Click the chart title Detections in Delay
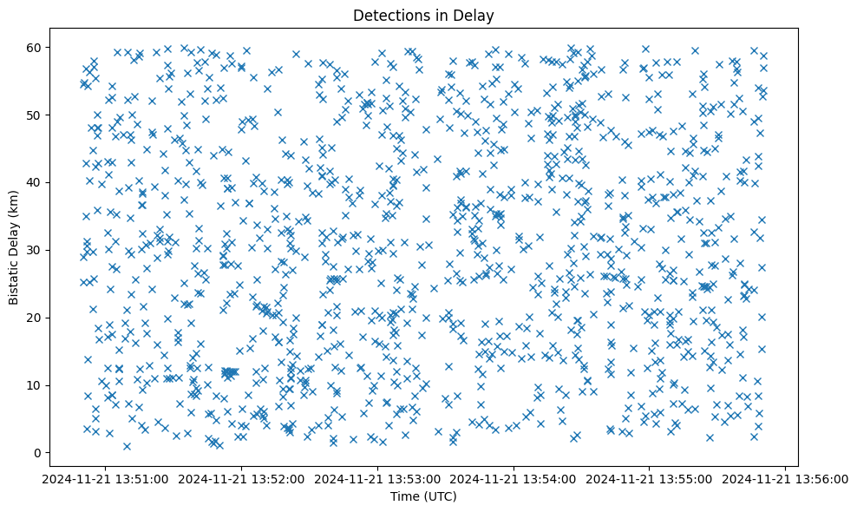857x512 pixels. pos(423,15)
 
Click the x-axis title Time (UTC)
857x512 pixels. pos(423,496)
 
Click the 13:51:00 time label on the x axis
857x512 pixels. pos(106,478)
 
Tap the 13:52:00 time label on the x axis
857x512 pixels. pos(242,478)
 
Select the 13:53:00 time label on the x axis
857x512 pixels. pos(378,478)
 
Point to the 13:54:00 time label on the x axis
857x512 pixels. pos(514,478)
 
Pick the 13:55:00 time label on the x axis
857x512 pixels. pos(650,478)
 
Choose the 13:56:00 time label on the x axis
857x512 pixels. pos(786,478)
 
